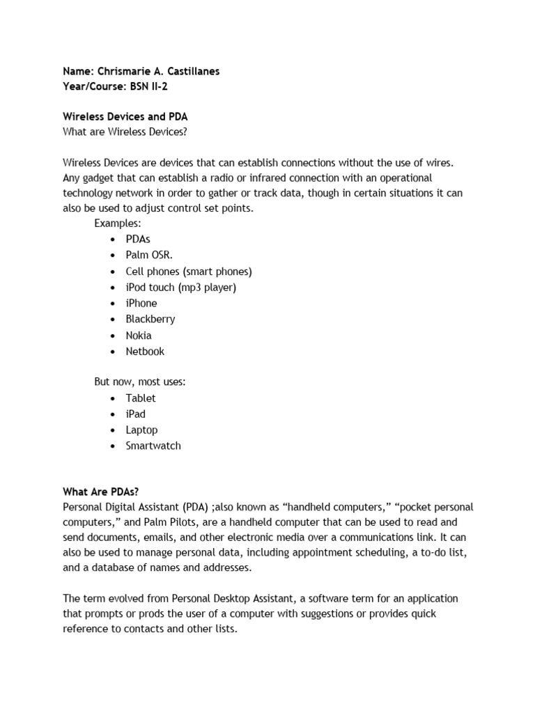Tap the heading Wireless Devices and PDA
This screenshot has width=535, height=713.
tap(125, 116)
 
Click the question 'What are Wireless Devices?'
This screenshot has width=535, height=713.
tap(125, 132)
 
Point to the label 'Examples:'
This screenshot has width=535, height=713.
tap(118, 223)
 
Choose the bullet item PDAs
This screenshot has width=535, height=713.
tap(138, 239)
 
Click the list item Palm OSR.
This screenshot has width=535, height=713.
tap(149, 255)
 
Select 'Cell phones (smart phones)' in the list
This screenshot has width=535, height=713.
tap(189, 271)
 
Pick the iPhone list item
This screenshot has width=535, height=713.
tap(141, 303)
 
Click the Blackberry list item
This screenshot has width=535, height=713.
tap(150, 319)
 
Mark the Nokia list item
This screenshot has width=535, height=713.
tap(139, 335)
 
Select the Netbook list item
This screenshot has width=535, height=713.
tap(145, 351)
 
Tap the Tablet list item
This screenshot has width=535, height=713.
tap(141, 398)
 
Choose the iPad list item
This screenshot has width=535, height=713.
tap(136, 414)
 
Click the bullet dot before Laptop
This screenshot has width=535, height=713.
tap(113, 430)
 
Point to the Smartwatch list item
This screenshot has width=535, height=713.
tap(153, 446)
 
